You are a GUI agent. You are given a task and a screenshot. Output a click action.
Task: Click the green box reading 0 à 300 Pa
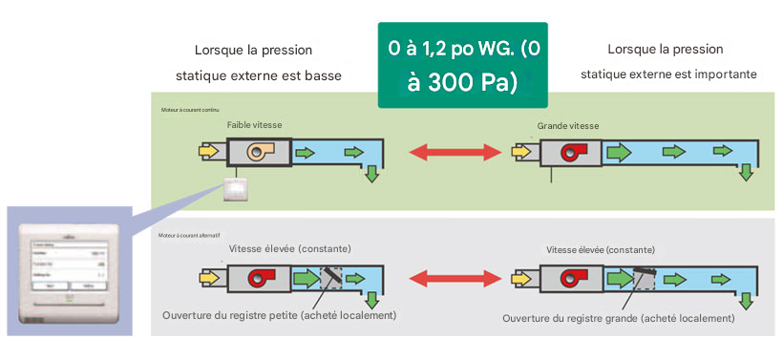463,65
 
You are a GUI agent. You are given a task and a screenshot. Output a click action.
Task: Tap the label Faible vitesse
255,125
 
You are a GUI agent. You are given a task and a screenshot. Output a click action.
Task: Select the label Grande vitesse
568,125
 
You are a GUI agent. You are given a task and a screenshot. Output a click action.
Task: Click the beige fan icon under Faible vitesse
260,153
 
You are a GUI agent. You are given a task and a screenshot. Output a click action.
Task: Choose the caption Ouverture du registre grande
617,317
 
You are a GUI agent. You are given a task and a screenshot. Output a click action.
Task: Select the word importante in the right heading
726,74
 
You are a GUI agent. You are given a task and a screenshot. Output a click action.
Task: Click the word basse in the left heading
326,74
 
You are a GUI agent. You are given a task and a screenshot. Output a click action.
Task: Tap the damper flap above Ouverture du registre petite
333,278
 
